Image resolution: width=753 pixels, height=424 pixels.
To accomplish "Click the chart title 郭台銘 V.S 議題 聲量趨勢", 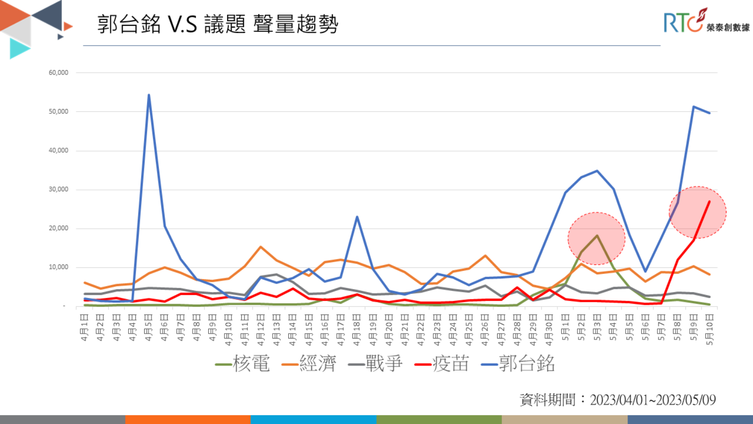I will click(218, 24).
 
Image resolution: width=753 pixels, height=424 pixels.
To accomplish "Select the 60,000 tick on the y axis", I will click(58, 73).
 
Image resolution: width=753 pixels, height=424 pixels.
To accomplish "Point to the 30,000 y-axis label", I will click(58, 189).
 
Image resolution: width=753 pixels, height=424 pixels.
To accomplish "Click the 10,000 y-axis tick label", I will click(58, 267).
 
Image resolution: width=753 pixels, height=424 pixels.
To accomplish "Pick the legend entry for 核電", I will click(243, 364).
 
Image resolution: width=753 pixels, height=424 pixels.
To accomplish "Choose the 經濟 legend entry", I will click(309, 364).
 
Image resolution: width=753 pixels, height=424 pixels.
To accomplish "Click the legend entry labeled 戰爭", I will click(376, 364).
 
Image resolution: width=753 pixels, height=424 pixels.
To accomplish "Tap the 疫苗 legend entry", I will click(442, 364).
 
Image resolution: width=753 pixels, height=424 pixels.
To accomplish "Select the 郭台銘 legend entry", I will click(518, 364).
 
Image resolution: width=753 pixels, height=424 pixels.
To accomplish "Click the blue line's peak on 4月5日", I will click(149, 95).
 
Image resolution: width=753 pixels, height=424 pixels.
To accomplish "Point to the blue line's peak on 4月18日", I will click(357, 216).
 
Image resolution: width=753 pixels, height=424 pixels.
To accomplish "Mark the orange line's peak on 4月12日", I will click(261, 247).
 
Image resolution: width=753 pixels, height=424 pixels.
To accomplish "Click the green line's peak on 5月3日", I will click(597, 236).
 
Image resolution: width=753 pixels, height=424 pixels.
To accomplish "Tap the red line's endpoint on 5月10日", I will click(709, 201).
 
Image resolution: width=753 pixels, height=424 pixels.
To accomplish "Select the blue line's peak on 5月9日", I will click(694, 106).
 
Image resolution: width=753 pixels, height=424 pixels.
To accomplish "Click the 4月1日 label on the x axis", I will click(85, 328).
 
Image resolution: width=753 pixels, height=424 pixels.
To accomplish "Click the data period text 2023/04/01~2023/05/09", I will click(653, 400).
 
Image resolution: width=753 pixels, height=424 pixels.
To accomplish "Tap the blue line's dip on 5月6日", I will click(646, 271).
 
